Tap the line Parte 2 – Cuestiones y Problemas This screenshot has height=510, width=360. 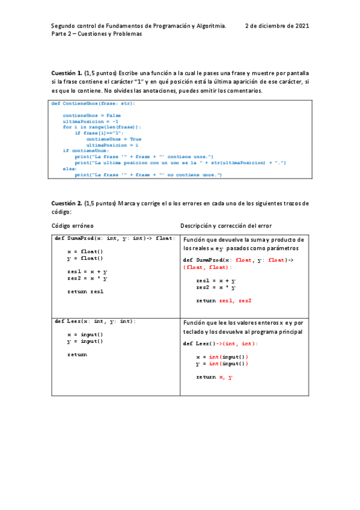coord(96,34)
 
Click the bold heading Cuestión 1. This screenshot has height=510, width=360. coord(66,73)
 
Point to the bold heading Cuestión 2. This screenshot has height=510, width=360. coord(66,203)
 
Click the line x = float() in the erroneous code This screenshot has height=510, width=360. coord(85,251)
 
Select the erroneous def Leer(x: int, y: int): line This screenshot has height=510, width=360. coord(95,322)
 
